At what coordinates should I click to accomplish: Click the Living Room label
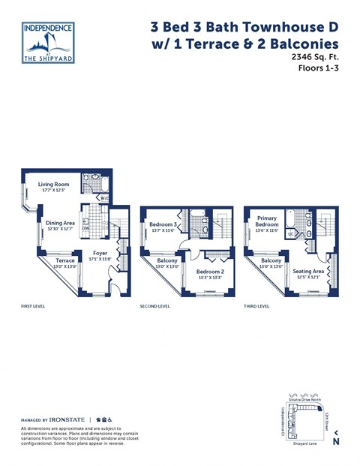(53, 184)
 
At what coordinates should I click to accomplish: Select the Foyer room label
(98, 254)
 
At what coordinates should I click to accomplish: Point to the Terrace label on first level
(65, 260)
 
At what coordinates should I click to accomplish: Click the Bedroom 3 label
(162, 224)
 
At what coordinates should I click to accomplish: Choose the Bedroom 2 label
(210, 272)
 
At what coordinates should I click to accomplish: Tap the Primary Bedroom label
(267, 220)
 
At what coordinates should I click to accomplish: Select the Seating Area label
(308, 271)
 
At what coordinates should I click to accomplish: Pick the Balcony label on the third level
(271, 260)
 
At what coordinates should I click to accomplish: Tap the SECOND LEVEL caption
(155, 307)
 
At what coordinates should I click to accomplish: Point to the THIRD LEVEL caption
(257, 307)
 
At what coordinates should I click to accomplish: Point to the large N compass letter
(336, 442)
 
